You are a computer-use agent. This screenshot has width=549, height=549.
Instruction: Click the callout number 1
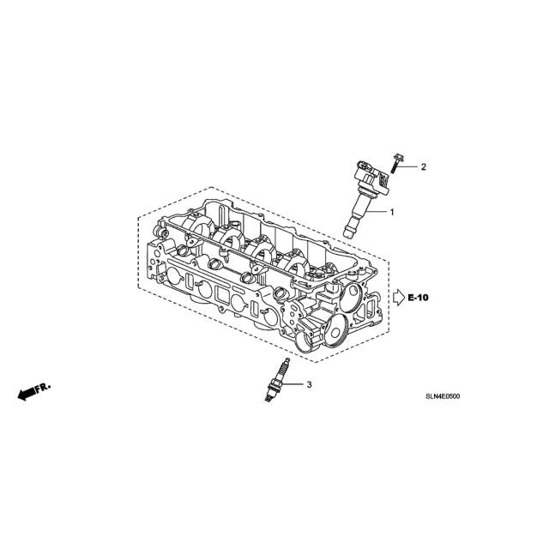[x=392, y=212]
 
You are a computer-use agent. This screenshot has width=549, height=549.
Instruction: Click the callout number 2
[x=423, y=167]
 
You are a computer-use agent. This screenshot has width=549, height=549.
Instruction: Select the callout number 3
[x=309, y=385]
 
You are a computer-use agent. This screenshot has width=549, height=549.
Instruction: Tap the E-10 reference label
[x=418, y=298]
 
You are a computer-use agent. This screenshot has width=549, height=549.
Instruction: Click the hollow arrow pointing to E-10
[x=400, y=298]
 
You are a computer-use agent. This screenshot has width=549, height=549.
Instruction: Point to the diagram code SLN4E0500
[x=443, y=396]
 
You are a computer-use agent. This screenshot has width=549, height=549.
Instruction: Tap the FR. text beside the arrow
[x=44, y=387]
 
